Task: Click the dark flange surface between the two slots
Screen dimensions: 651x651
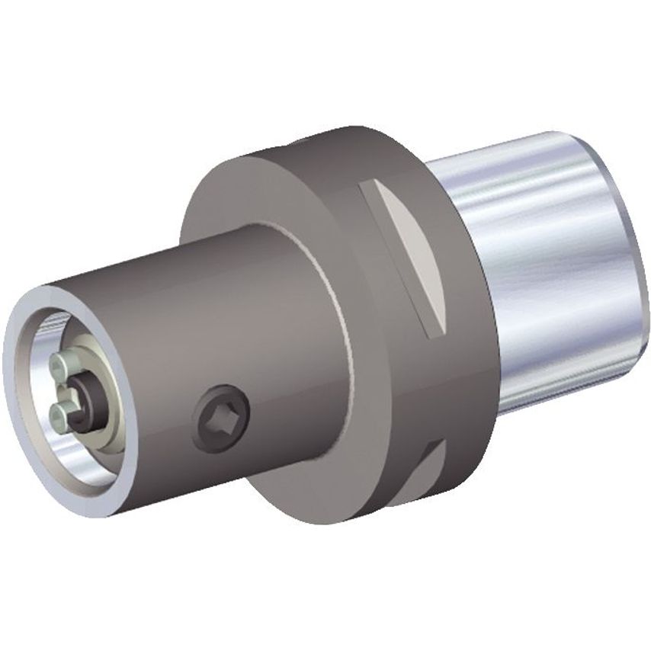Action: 450,381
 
